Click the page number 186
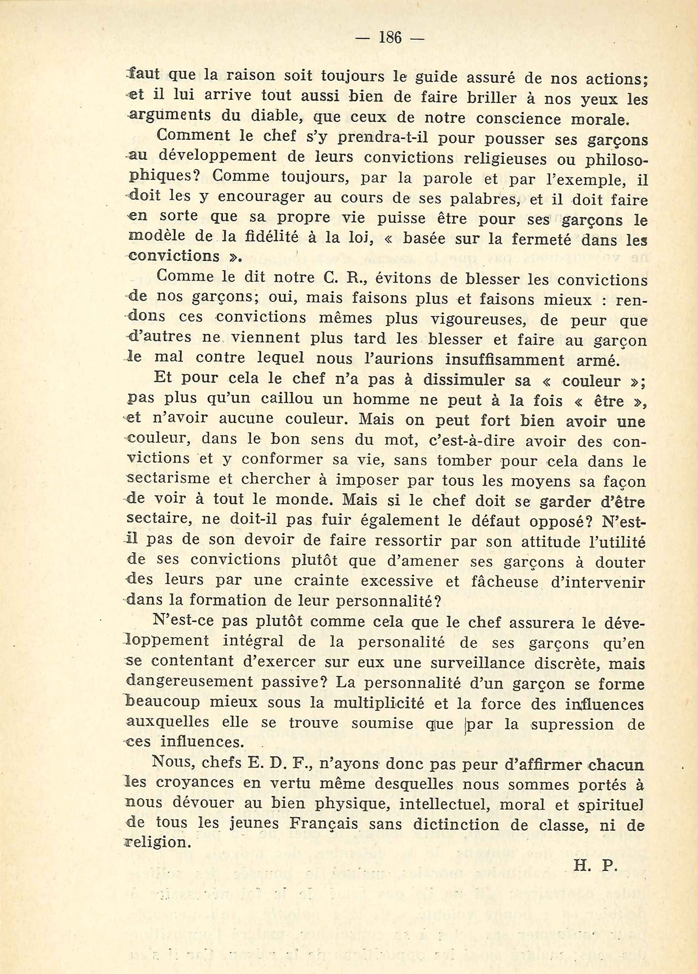[x=390, y=38]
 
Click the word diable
[x=270, y=116]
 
